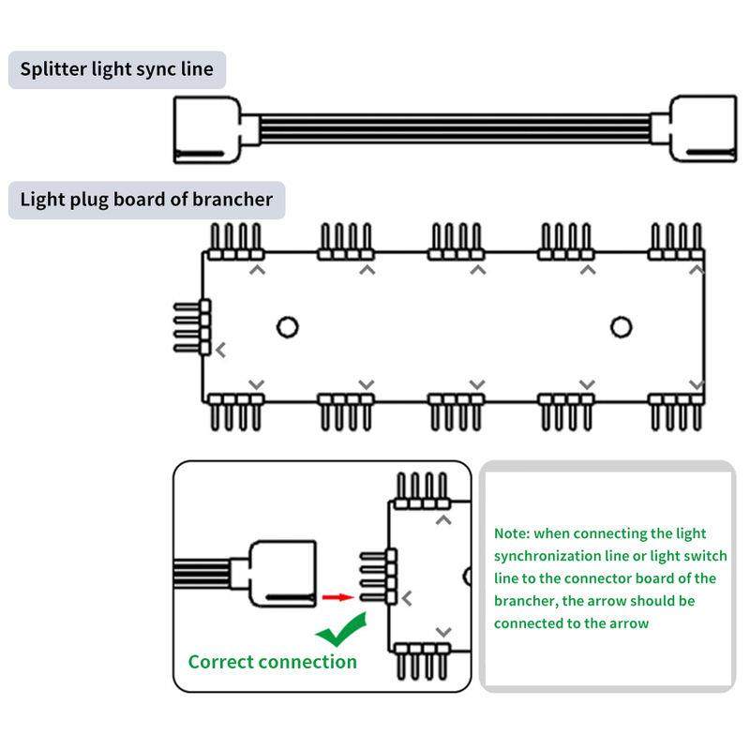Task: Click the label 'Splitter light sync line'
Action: click(x=117, y=69)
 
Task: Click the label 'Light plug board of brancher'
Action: click(x=146, y=200)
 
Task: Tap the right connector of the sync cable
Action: click(x=700, y=128)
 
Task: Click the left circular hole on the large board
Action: click(x=288, y=326)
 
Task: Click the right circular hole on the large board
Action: click(x=621, y=326)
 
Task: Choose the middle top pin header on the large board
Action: click(x=457, y=241)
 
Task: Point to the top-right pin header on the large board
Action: click(x=676, y=241)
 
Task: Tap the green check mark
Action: click(x=340, y=631)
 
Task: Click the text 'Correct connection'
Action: click(x=272, y=662)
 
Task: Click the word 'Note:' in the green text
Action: click(x=512, y=533)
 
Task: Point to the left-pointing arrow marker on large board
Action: click(x=221, y=351)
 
